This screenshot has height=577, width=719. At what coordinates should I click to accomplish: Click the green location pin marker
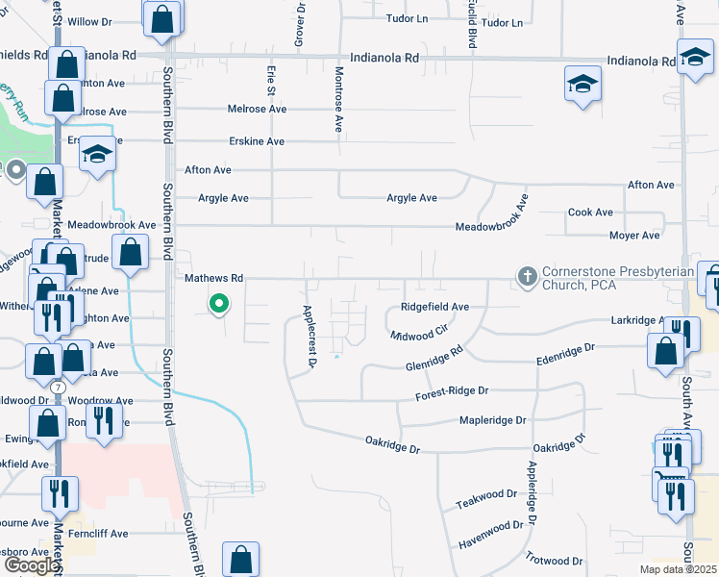(x=219, y=305)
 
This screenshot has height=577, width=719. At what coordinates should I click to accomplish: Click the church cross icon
(x=527, y=277)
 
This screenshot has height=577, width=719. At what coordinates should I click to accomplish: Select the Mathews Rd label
(x=213, y=278)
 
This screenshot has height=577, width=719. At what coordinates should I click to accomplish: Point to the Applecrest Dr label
(x=310, y=337)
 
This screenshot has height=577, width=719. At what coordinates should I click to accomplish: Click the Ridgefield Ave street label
(x=434, y=307)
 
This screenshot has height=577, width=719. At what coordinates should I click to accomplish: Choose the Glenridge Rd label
(x=434, y=362)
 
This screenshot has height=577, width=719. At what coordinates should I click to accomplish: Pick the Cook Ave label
(x=590, y=213)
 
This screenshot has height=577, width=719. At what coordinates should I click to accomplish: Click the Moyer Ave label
(x=634, y=235)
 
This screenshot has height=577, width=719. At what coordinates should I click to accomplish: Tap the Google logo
(x=31, y=565)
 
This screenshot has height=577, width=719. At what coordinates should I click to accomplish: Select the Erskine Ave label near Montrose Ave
(x=257, y=141)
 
